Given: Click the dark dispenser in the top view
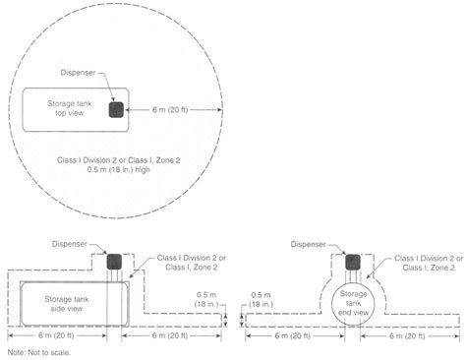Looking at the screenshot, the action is pos(116,109).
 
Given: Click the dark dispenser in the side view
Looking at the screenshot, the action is pos(114,262).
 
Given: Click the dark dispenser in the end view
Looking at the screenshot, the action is pos(353,262).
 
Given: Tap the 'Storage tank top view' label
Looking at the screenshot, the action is pos(70,108).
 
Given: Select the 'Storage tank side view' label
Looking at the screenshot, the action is pos(67,304).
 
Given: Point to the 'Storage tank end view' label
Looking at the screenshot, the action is pos(353,303).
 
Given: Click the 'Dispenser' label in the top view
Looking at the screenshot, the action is pos(78,73).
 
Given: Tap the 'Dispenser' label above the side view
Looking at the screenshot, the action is pos(70,244).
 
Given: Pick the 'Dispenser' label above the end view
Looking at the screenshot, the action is pos(309,244).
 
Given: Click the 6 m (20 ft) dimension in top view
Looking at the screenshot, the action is pos(170,110).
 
